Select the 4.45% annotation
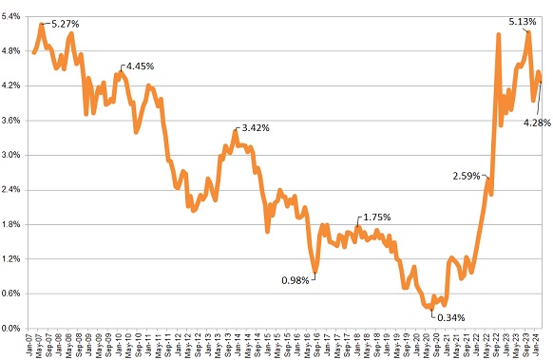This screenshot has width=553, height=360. click(140, 66)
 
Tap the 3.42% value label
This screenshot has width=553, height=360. click(257, 127)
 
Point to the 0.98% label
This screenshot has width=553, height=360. click(296, 279)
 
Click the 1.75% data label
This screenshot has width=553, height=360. click(376, 218)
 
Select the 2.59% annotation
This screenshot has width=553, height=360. click(467, 176)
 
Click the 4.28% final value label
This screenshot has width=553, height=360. click(539, 121)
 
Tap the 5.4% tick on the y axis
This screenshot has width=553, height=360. click(13, 16)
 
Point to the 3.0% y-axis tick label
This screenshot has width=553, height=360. click(13, 155)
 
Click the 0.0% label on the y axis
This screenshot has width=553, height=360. click(13, 328)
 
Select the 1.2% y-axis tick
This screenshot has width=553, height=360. click(13, 258)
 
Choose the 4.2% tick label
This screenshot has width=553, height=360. click(13, 85)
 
